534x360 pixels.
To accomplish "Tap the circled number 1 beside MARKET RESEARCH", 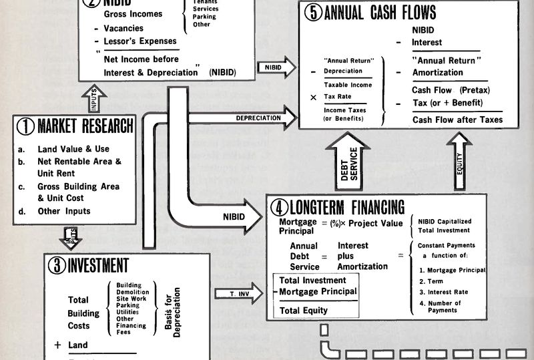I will pos(26,126).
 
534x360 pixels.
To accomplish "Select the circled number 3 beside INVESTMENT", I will pos(58,264).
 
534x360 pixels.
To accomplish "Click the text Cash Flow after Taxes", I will pos(457,120).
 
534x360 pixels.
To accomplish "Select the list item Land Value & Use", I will pos(73,149).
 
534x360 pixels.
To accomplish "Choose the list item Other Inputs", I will pos(64,211).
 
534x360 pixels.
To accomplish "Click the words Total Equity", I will pos(304,311).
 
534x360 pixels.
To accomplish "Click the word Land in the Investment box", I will pos(78,345).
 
